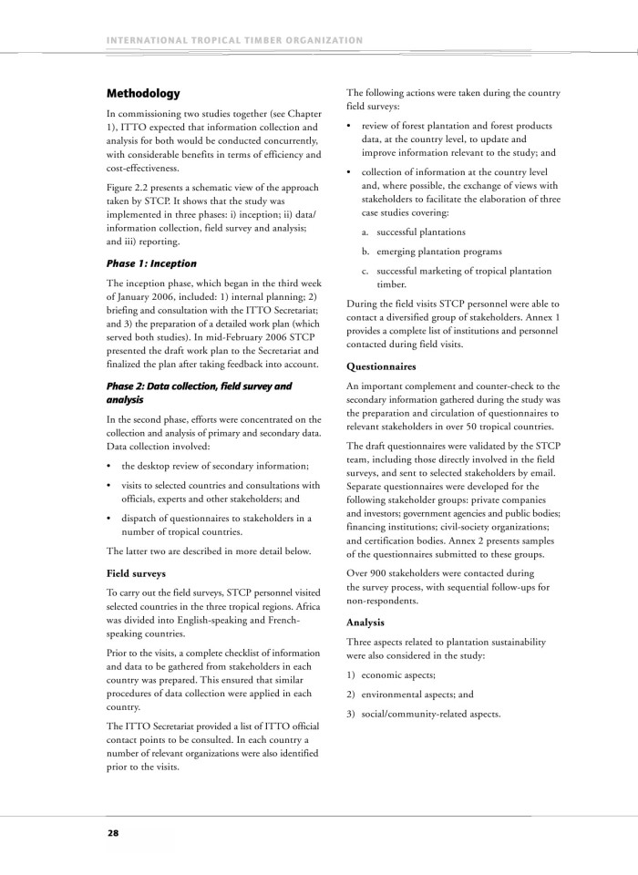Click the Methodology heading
point(143,94)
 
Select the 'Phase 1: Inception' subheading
point(151,263)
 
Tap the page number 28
point(113,832)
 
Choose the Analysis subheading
point(366,622)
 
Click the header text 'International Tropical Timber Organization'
point(234,40)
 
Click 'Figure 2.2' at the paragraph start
point(129,188)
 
